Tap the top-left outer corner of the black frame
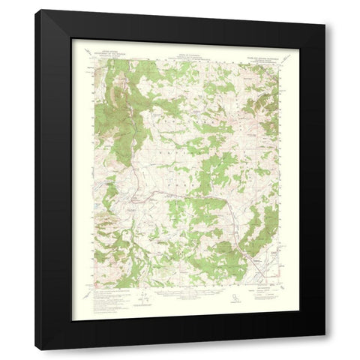click(35, 10)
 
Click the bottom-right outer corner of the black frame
click(325, 350)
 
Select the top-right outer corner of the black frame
click(325, 10)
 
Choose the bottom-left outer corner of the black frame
click(35, 350)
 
